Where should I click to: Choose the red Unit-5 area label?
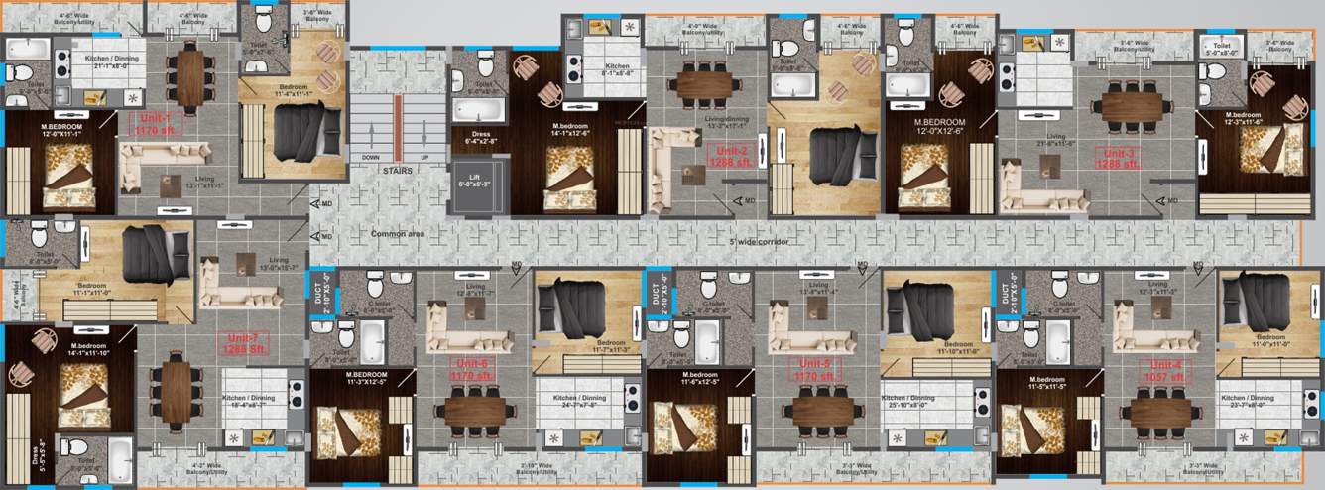click(815, 370)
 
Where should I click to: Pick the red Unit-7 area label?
click(242, 344)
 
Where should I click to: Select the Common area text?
click(398, 234)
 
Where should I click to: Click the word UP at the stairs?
click(423, 157)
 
